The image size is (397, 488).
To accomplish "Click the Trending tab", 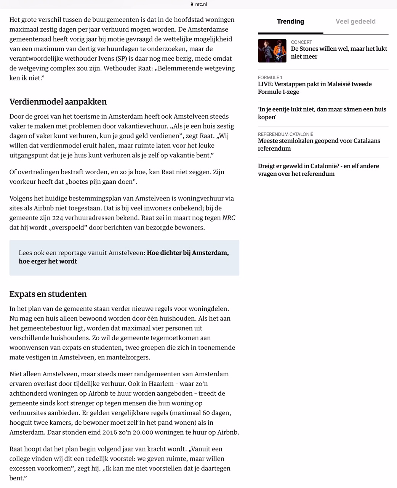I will (290, 21).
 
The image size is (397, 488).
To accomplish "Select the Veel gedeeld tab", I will (355, 21).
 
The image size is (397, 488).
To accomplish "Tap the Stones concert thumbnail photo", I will (272, 51).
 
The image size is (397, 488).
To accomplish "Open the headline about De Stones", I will (339, 53).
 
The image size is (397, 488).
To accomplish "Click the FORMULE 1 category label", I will (270, 77).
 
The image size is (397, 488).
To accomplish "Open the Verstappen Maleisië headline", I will (315, 88).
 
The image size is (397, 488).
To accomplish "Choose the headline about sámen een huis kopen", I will (322, 113).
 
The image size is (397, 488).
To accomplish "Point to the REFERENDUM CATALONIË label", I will (285, 134).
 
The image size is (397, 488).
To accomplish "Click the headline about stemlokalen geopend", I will (319, 144).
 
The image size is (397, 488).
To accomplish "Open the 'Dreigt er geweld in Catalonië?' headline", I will (318, 170).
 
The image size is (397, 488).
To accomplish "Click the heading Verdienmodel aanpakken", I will (58, 102).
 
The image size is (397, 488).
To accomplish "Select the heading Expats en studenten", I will (48, 294).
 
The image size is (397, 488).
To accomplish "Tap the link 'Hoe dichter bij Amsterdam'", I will (188, 253).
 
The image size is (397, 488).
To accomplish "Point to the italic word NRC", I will (229, 218).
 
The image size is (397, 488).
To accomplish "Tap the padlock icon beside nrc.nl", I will (192, 4).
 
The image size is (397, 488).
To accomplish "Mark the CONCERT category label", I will (301, 42).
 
